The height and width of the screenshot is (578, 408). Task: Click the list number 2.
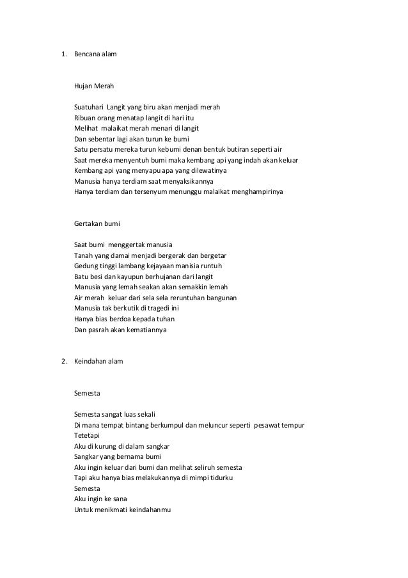point(63,361)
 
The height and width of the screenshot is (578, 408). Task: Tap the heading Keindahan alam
point(98,361)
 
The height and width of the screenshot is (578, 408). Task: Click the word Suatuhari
point(89,106)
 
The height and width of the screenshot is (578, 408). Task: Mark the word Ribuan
point(86,117)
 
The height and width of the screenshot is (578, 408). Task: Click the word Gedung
point(86,265)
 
